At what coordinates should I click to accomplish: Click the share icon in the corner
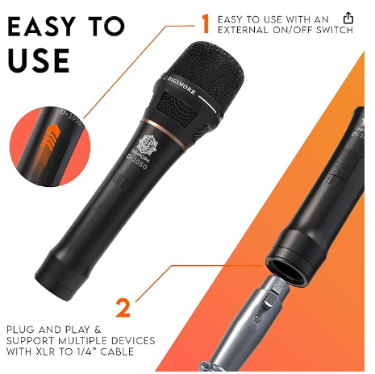point(348,18)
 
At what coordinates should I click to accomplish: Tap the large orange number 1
point(206,23)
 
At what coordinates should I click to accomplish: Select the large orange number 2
point(123,308)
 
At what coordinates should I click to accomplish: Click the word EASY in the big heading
point(42,27)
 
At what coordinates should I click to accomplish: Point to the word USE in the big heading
point(39,60)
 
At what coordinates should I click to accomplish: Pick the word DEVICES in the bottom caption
point(133,340)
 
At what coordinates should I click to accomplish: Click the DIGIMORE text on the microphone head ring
point(181,85)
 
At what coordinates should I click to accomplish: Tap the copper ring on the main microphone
point(164,132)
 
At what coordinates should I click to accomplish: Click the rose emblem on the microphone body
point(146,145)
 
